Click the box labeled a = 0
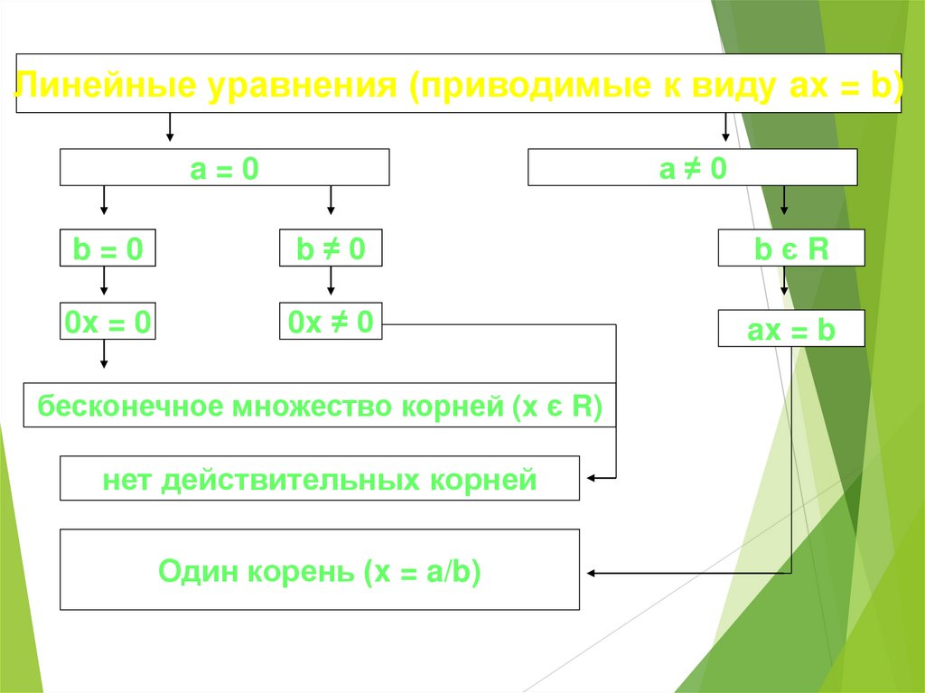coord(224,169)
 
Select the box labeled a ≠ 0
coord(692,169)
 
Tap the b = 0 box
coord(107,248)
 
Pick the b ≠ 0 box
coord(331,248)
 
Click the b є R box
coord(791,248)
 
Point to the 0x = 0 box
coord(107,322)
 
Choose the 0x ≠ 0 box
coord(331,322)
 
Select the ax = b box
coord(791,330)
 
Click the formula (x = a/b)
coord(422,571)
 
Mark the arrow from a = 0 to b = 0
coord(104,201)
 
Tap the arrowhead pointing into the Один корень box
coord(592,572)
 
